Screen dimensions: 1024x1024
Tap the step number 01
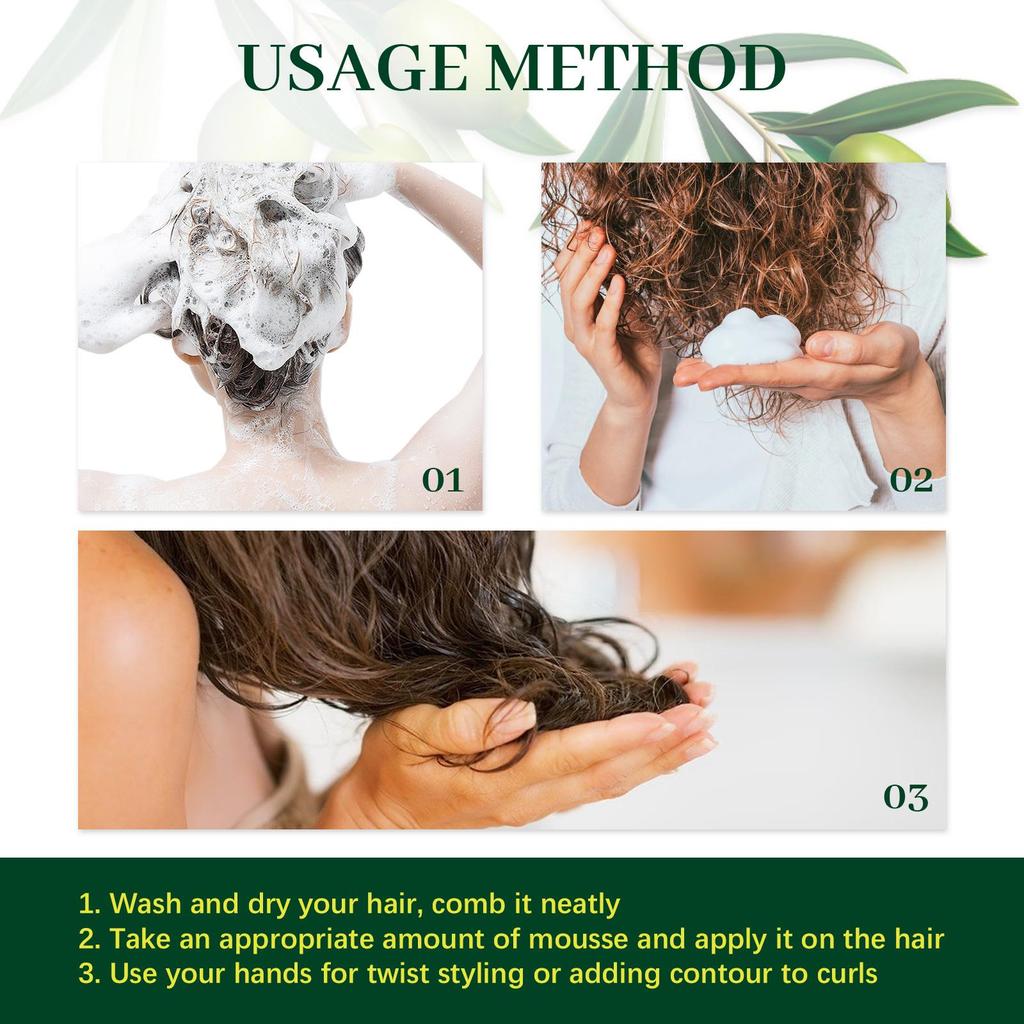[442, 480]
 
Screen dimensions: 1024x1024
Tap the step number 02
[911, 480]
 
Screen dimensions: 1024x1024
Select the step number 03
[905, 797]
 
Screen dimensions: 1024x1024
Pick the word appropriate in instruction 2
[301, 939]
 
